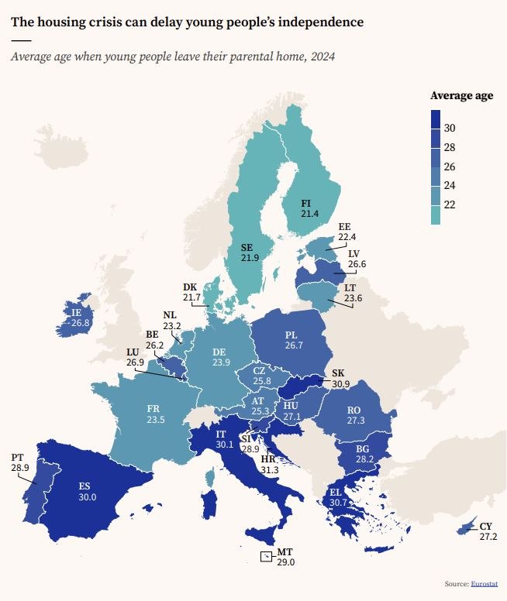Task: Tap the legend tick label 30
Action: coord(450,128)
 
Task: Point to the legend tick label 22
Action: coord(450,204)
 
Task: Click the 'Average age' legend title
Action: coord(462,95)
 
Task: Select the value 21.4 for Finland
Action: coord(311,213)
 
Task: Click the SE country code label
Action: coord(249,246)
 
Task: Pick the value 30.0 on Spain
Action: coord(87,497)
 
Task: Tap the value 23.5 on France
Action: coord(156,420)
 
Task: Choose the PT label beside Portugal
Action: coord(17,457)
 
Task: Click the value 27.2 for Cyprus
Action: coord(488,536)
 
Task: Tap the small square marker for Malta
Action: coord(266,556)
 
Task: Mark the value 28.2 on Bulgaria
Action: coord(363,458)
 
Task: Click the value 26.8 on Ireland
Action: coord(81,322)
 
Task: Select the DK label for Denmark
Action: coord(191,287)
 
